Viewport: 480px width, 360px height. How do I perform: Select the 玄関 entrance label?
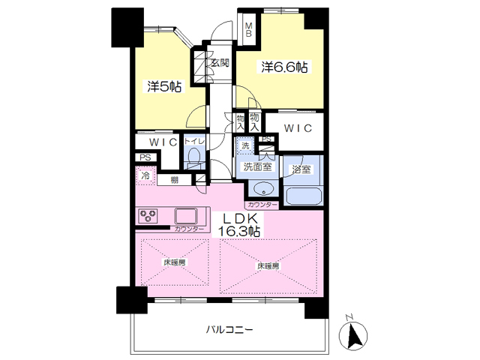tap(219, 63)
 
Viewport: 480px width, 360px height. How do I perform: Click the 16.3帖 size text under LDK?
tap(240, 232)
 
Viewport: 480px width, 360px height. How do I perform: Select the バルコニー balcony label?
tap(229, 329)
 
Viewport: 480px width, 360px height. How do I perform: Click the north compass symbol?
tap(356, 334)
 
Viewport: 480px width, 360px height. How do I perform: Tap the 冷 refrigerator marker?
tap(145, 177)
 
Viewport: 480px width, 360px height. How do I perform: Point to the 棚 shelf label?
tap(174, 179)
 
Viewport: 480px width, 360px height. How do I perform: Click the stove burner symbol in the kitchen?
tap(146, 216)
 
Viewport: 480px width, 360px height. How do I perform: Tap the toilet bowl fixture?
tap(193, 158)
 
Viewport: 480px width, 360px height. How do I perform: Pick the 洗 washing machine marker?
tap(244, 145)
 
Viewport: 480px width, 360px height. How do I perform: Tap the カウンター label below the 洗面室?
tap(261, 204)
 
